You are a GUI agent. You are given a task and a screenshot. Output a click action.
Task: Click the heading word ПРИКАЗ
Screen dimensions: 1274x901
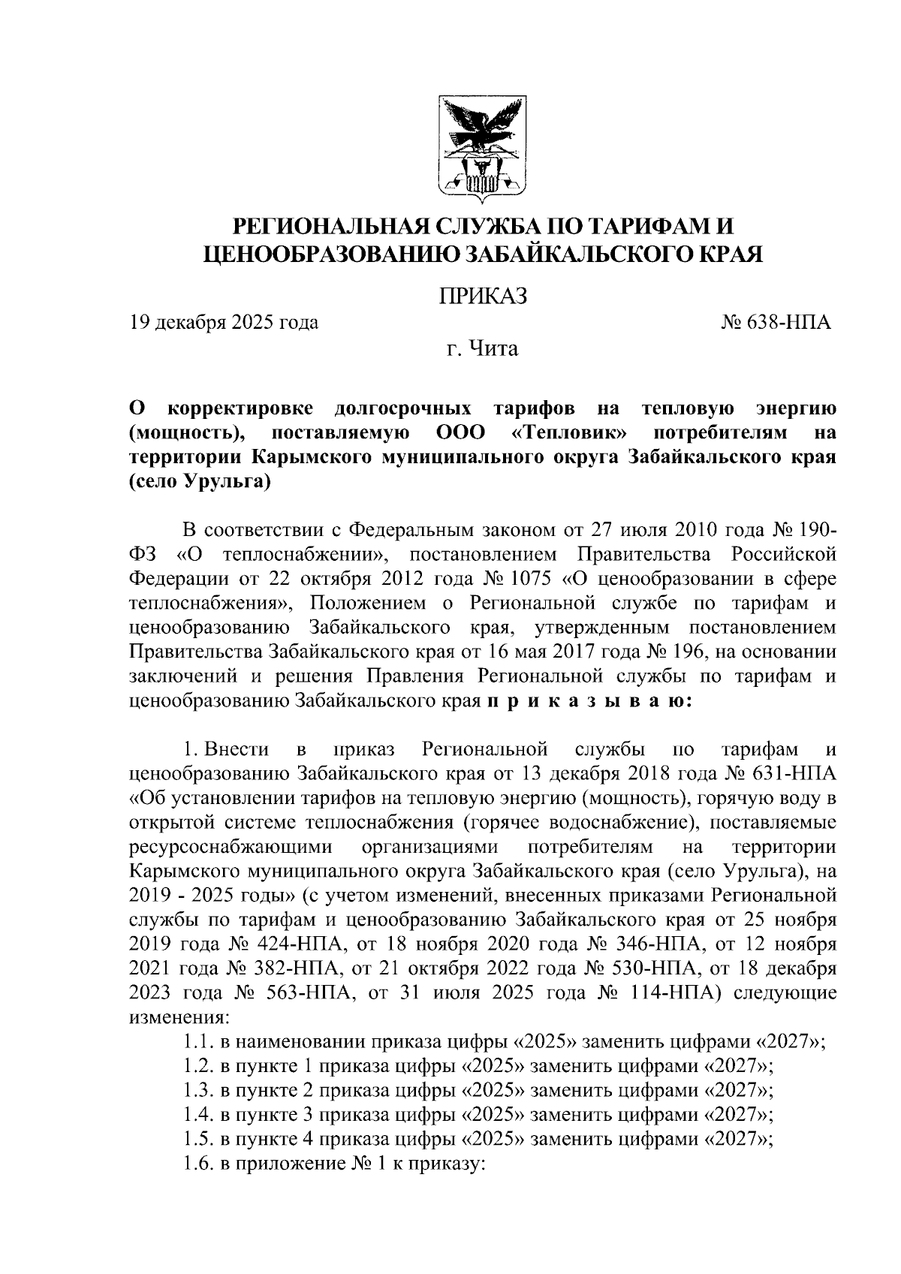click(481, 294)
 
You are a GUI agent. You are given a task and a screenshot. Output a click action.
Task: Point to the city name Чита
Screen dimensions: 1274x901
click(493, 349)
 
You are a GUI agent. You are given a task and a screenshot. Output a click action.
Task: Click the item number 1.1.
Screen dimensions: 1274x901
click(199, 1042)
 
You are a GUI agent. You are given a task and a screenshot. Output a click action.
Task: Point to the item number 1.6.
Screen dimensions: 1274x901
click(199, 1164)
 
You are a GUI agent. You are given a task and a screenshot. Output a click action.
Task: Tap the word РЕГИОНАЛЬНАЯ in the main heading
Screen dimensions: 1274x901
click(331, 225)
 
